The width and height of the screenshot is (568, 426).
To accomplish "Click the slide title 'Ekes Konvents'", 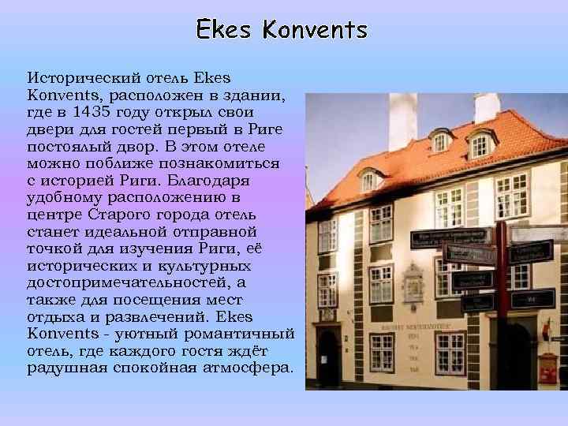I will coord(282,30).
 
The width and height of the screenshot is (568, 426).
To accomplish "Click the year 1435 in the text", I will coord(92,112).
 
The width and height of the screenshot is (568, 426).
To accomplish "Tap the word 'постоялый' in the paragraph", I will coord(66,147).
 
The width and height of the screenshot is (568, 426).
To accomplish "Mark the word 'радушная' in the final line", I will coord(63,369).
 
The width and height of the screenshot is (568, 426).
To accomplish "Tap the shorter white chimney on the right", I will coord(487,107).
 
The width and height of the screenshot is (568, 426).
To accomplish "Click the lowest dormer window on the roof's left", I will coord(369,179).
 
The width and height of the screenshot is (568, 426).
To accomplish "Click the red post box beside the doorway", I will coord(547,368).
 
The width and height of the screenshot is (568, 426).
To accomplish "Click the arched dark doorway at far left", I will coord(327,354).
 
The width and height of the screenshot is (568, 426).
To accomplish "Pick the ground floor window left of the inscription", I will coord(382,352).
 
